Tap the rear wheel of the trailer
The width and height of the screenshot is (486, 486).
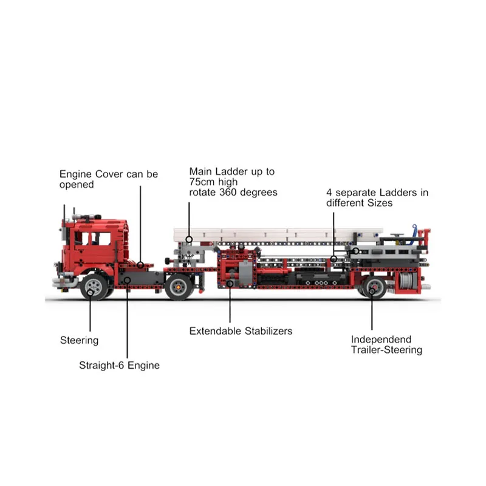coord(373,288)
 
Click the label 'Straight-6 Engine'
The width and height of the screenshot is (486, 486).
coord(119,366)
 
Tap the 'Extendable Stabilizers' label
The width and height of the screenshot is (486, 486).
coord(241,331)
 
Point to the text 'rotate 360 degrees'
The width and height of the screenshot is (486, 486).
coord(233,193)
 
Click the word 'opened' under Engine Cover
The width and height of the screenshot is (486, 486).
coord(77,185)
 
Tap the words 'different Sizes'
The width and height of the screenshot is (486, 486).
coord(359,203)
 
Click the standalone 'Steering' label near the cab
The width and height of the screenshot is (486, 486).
coord(79,340)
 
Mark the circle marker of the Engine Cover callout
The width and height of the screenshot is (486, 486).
coord(140,264)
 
